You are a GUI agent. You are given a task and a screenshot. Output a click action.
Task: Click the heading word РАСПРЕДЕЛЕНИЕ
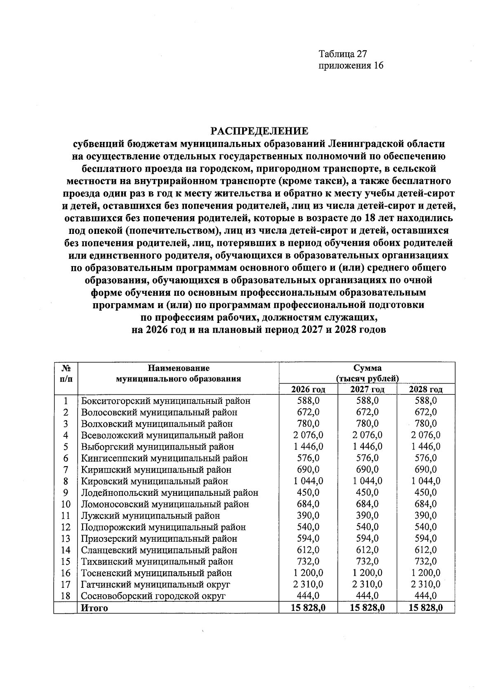coord(259,131)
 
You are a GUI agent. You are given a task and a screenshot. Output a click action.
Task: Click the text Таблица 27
coord(342,54)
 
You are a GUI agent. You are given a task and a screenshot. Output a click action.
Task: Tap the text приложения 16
coord(351,66)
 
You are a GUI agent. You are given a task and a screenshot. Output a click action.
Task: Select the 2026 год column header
coord(308,389)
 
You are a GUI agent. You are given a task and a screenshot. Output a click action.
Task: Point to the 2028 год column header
coord(426,389)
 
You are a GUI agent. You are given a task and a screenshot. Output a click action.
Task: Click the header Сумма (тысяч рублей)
coord(367,373)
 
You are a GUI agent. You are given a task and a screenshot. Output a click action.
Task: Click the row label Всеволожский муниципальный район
coord(162,435)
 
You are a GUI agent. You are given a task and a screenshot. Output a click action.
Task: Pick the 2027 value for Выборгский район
coord(367,447)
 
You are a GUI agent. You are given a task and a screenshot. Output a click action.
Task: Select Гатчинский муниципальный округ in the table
coord(156,585)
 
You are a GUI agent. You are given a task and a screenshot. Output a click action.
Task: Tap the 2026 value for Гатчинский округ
coord(308,585)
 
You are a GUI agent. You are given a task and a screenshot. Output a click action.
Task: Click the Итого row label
coord(94,608)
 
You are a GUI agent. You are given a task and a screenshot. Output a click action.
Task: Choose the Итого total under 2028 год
coord(426,608)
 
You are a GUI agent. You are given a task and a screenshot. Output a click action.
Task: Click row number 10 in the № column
coord(66,504)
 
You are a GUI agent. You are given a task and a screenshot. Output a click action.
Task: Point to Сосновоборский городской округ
coord(153,596)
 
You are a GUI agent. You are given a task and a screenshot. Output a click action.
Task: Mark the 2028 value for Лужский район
coord(426,516)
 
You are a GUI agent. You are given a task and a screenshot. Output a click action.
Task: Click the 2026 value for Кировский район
coord(308,481)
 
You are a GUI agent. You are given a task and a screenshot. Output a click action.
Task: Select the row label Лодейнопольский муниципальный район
coord(170,493)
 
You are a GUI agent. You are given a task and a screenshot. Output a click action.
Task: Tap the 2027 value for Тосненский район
coord(367,573)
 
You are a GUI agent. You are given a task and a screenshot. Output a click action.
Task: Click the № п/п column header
coord(66,373)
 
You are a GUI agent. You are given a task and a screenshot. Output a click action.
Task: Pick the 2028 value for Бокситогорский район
coord(426,401)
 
